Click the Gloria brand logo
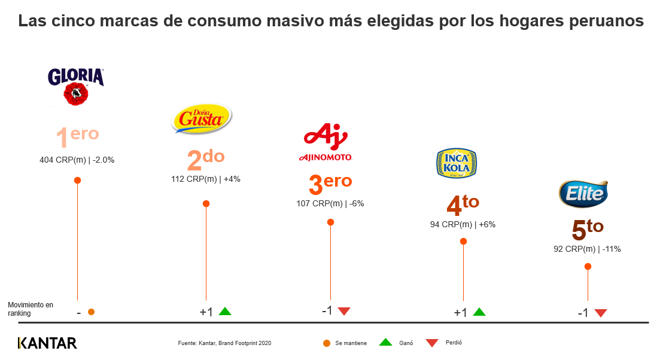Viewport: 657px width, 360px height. pyautogui.click(x=76, y=86)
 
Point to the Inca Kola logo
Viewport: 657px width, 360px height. pyautogui.click(x=457, y=161)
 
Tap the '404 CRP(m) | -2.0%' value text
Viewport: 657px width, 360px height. pyautogui.click(x=77, y=160)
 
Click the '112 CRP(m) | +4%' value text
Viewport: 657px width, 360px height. pyautogui.click(x=206, y=179)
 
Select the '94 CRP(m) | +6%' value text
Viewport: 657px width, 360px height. pyautogui.click(x=463, y=225)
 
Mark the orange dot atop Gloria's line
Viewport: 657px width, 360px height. pyautogui.click(x=77, y=180)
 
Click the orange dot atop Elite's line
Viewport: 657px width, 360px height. pyautogui.click(x=588, y=267)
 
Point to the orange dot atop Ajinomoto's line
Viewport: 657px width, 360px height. pyautogui.click(x=330, y=222)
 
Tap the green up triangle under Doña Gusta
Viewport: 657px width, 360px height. pyautogui.click(x=225, y=311)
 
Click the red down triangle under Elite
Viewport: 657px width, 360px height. pyautogui.click(x=601, y=313)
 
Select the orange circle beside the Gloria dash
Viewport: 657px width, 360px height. pyautogui.click(x=91, y=312)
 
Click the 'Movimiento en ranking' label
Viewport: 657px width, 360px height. pyautogui.click(x=30, y=309)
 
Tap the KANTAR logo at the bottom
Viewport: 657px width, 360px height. pyautogui.click(x=47, y=343)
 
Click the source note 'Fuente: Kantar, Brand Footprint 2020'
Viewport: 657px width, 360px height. pyautogui.click(x=224, y=343)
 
